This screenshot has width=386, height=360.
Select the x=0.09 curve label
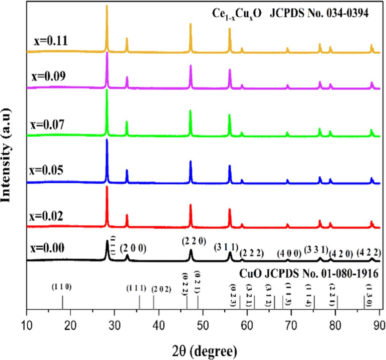point(49,76)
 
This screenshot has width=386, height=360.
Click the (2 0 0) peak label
point(133,248)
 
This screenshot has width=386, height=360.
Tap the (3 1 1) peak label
point(226,248)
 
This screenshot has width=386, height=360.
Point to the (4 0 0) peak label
point(289,252)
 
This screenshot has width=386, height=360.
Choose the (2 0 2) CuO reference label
point(162,289)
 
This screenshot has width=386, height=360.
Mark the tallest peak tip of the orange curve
point(107,5)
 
